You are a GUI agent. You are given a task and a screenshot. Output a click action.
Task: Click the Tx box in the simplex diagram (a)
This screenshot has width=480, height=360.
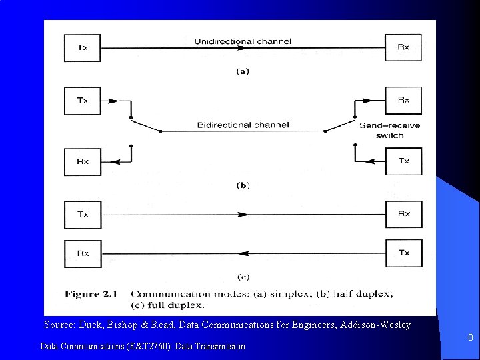82,47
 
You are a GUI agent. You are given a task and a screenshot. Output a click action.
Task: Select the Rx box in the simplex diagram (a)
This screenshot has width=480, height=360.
404,47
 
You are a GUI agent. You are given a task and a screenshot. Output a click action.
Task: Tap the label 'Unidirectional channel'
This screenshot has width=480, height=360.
242,42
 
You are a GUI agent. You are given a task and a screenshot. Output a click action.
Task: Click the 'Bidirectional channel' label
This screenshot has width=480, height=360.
243,125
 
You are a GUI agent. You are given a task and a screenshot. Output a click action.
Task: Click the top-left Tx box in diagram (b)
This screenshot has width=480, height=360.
82,101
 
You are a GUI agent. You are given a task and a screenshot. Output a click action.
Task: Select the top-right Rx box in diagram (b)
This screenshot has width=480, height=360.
404,101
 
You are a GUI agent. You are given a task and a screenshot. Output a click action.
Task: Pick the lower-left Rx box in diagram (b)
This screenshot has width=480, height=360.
82,161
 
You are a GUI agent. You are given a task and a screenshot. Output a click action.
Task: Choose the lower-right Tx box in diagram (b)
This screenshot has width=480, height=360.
404,161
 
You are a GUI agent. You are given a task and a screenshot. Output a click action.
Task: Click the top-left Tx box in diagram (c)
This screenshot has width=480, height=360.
82,215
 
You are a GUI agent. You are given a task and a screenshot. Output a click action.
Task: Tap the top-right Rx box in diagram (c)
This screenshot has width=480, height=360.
404,215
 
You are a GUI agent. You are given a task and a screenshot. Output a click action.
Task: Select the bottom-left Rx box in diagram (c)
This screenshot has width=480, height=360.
82,253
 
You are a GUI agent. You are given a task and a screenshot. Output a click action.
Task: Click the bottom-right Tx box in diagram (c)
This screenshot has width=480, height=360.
404,253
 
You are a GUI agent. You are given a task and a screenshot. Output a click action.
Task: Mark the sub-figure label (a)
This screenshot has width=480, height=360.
243,71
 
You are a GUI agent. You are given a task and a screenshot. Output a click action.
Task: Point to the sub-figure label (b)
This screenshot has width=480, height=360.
243,185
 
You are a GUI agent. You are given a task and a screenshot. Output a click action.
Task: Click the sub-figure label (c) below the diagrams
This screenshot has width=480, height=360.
243,277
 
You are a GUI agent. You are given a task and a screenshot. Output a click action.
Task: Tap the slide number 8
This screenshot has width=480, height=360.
470,338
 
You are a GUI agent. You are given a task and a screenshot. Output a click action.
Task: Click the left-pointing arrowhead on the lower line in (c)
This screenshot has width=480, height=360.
243,253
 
